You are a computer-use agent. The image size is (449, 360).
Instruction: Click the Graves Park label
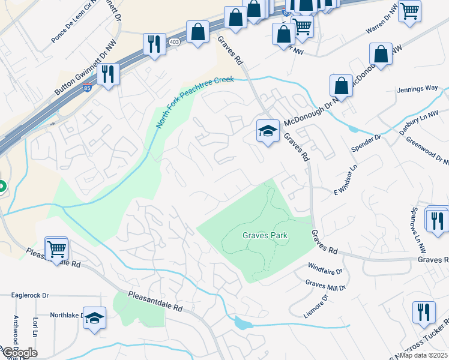(x=265, y=236)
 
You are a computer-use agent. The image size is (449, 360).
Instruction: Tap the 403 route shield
(x=174, y=42)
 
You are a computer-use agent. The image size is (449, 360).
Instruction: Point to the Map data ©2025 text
(x=424, y=355)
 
